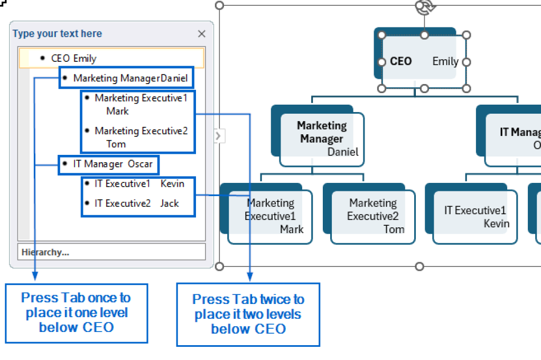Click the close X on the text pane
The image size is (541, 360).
pyautogui.click(x=201, y=34)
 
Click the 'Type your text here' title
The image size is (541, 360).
pyautogui.click(x=58, y=34)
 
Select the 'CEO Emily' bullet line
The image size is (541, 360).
pyautogui.click(x=73, y=58)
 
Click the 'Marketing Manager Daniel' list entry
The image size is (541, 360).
pyautogui.click(x=130, y=78)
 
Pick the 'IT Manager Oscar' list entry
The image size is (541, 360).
pyautogui.click(x=113, y=164)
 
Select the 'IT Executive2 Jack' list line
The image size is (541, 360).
pyautogui.click(x=137, y=203)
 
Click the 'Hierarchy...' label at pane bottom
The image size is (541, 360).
pyautogui.click(x=45, y=252)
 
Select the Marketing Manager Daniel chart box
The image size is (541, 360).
pyautogui.click(x=322, y=139)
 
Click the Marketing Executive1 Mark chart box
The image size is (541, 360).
pyautogui.click(x=270, y=216)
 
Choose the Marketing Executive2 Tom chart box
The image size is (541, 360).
pyautogui.click(x=372, y=216)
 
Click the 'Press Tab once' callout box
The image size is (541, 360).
pyautogui.click(x=76, y=312)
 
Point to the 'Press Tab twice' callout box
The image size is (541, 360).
pyautogui.click(x=248, y=314)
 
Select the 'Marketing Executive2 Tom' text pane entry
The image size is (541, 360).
pyautogui.click(x=141, y=137)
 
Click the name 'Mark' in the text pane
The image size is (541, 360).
pyautogui.click(x=117, y=111)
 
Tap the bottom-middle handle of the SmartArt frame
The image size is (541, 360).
pyautogui.click(x=419, y=266)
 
